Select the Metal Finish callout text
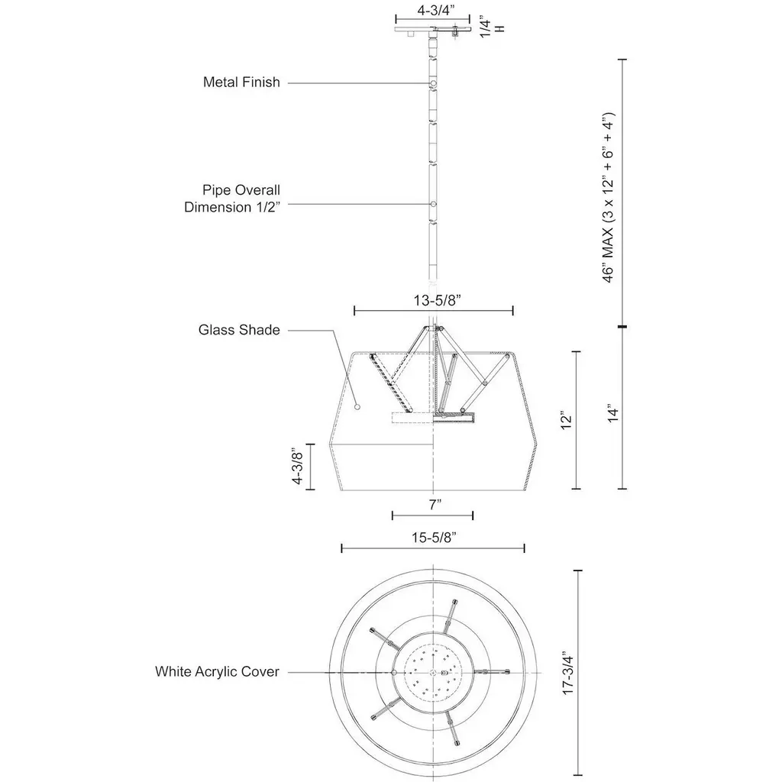241,82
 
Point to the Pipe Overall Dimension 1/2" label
232,198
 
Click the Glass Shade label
239,330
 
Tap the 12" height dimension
565,420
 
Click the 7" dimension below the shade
433,504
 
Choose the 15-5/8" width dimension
433,538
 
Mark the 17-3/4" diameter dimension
566,671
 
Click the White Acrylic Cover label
217,672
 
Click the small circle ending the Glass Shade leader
357,409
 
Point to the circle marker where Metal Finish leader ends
433,82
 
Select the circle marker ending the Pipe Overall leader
433,205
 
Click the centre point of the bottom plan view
433,672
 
